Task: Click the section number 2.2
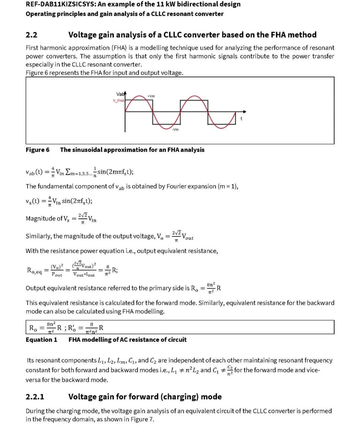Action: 31,35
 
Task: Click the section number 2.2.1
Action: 35,397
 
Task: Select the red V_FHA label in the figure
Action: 118,101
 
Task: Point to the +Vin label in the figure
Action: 151,96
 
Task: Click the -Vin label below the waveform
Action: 175,130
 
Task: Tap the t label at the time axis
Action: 241,119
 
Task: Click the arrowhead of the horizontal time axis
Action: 245,112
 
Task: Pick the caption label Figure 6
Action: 37,150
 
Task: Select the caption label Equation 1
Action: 41,340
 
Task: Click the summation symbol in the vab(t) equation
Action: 68,172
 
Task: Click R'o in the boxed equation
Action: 72,328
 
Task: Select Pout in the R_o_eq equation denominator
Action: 57,274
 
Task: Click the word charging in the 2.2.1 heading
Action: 180,397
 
